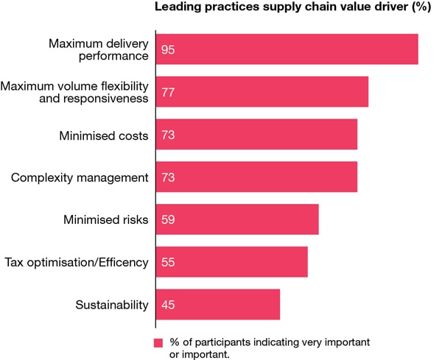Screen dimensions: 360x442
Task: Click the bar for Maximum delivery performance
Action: (287, 49)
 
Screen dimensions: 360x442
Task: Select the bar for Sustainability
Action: (218, 304)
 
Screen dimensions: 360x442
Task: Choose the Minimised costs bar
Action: (256, 135)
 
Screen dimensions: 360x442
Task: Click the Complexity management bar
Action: (256, 177)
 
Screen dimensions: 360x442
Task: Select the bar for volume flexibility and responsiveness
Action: (262, 92)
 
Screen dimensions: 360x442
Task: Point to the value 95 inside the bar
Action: (168, 50)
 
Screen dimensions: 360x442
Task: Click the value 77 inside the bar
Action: (168, 93)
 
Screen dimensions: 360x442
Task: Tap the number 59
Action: (168, 219)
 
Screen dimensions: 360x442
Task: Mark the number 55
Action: (168, 262)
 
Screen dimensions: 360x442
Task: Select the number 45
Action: (168, 305)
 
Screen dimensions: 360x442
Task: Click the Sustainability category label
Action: (112, 305)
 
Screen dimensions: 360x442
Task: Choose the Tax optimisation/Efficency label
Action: (77, 262)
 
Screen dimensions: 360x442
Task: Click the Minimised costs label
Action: (103, 135)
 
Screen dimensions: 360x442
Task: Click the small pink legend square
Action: (158, 343)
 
